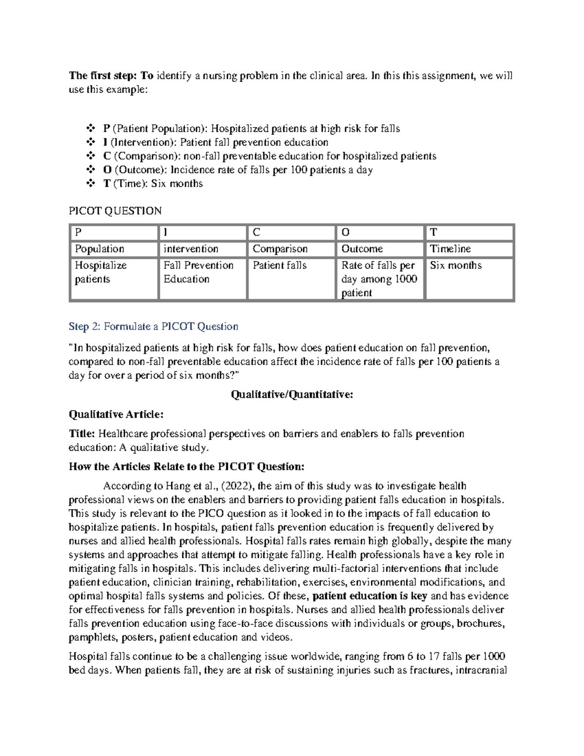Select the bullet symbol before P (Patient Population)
point(90,129)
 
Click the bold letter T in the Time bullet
point(106,184)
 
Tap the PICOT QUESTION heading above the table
point(115,211)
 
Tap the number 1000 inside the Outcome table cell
point(406,279)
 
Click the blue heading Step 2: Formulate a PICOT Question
point(153,326)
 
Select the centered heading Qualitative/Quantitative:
point(292,394)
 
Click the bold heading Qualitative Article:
point(116,414)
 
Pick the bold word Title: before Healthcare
point(82,433)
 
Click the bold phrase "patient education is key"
point(369,596)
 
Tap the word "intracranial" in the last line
point(479,670)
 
